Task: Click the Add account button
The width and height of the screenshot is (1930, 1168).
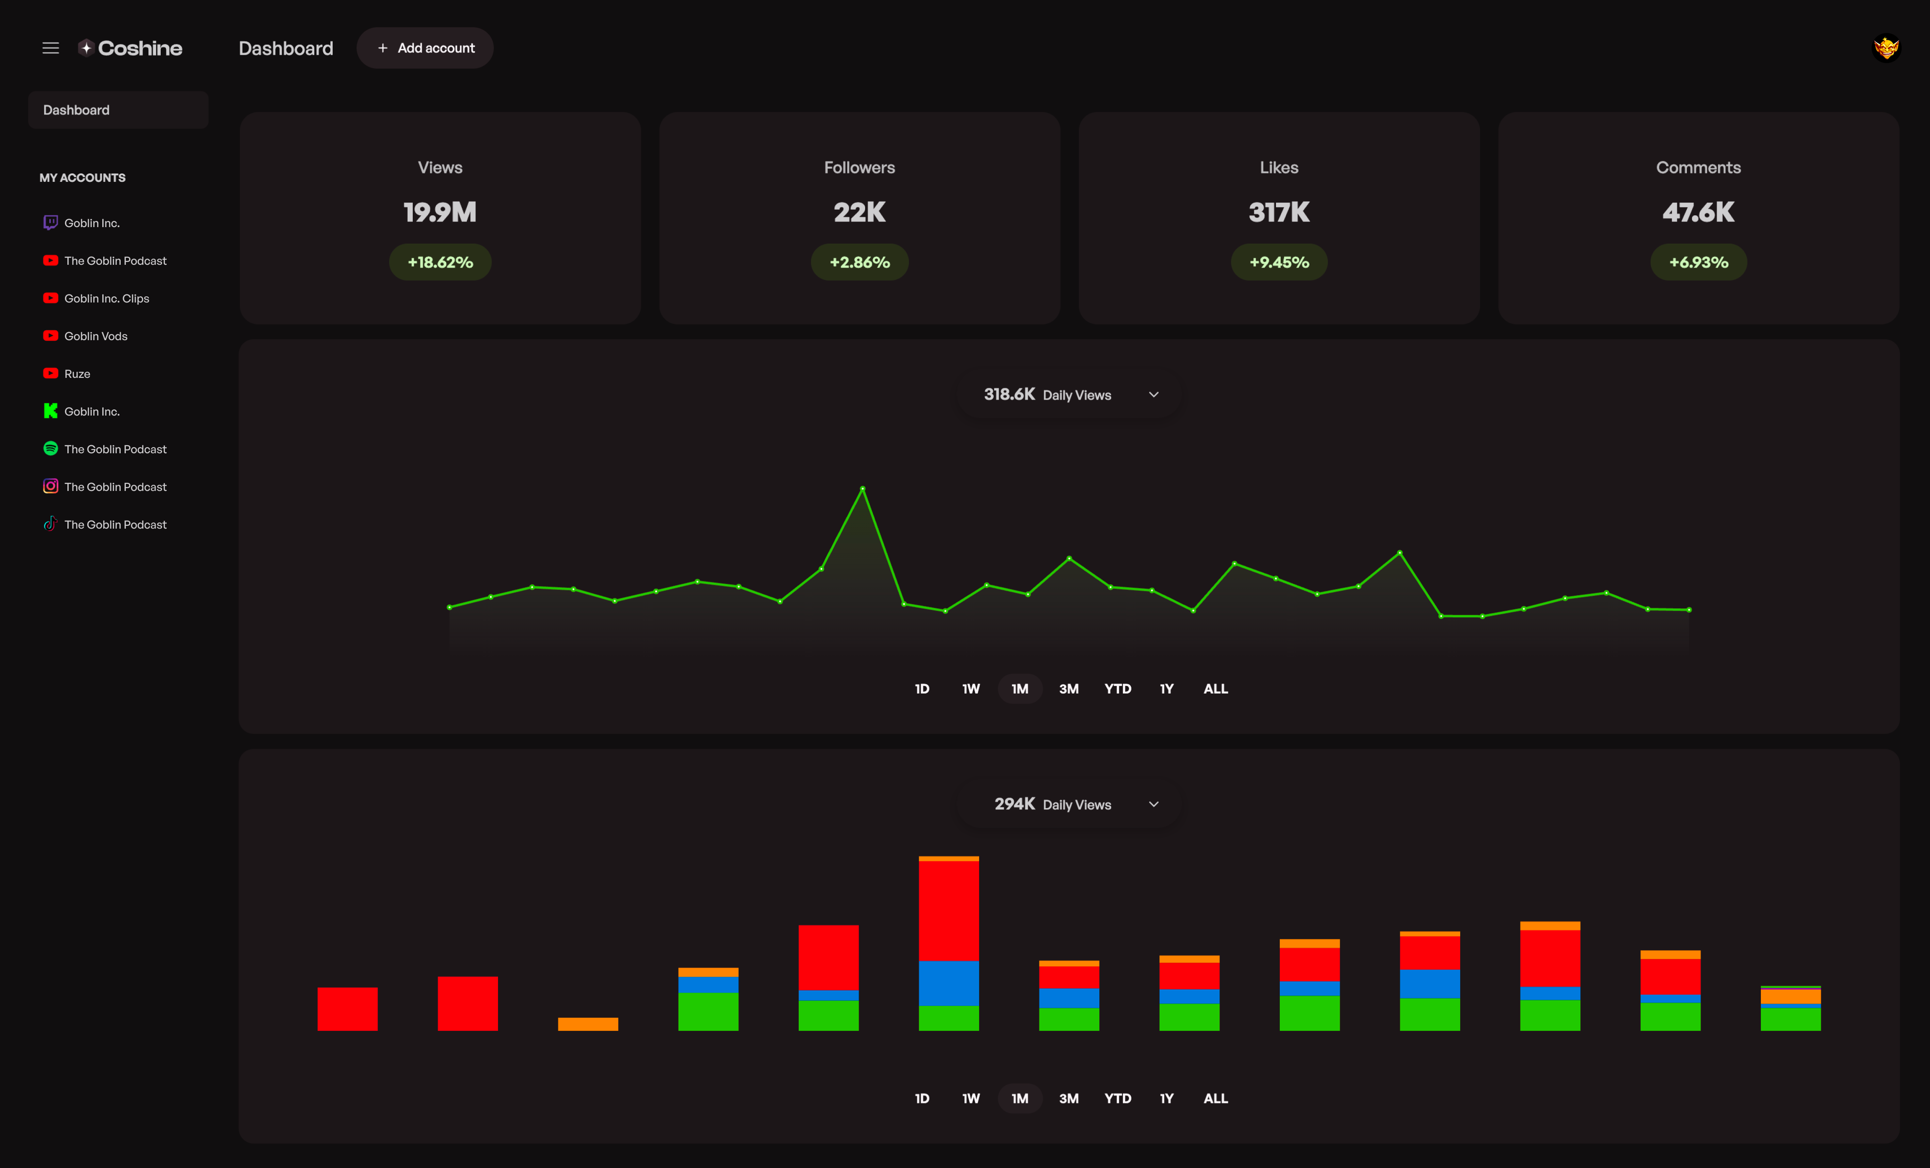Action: click(x=425, y=48)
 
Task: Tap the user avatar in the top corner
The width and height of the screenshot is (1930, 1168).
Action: click(x=1886, y=48)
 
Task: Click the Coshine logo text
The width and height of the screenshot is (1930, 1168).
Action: click(x=139, y=48)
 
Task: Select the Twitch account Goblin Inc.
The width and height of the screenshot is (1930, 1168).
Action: click(x=91, y=223)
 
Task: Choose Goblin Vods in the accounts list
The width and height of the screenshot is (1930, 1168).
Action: click(x=96, y=336)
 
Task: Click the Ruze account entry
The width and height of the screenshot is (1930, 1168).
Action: click(x=77, y=374)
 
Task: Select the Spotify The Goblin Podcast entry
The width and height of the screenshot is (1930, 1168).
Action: click(x=115, y=449)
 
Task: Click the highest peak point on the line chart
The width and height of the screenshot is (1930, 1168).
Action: click(x=862, y=489)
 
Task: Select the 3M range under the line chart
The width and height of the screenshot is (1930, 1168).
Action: click(x=1068, y=688)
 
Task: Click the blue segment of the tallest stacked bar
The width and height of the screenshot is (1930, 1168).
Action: click(x=949, y=983)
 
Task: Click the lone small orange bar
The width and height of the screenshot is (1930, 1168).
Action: click(x=588, y=1024)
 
